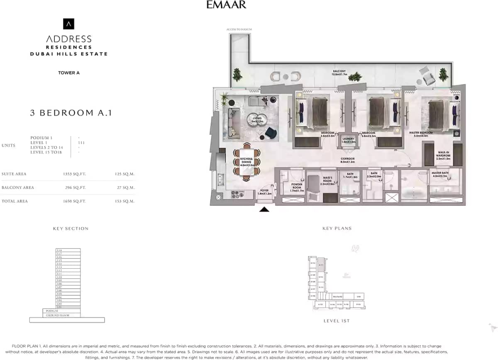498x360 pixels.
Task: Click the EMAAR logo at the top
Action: (226, 5)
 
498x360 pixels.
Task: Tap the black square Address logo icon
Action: (68, 24)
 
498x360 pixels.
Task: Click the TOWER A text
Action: (69, 73)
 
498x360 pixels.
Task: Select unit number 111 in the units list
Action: (81, 142)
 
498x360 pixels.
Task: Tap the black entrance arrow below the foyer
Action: (264, 209)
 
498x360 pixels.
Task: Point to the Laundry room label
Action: (348, 140)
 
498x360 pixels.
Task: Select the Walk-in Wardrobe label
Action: (443, 156)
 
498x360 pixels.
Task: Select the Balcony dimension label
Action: (339, 73)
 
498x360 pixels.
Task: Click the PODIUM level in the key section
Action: (52, 311)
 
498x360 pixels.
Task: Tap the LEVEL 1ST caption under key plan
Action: (337, 321)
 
